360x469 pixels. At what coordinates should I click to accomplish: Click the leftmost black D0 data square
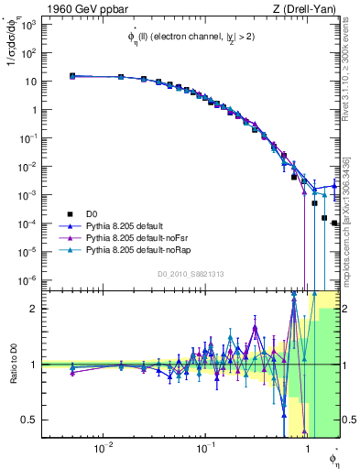72,76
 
